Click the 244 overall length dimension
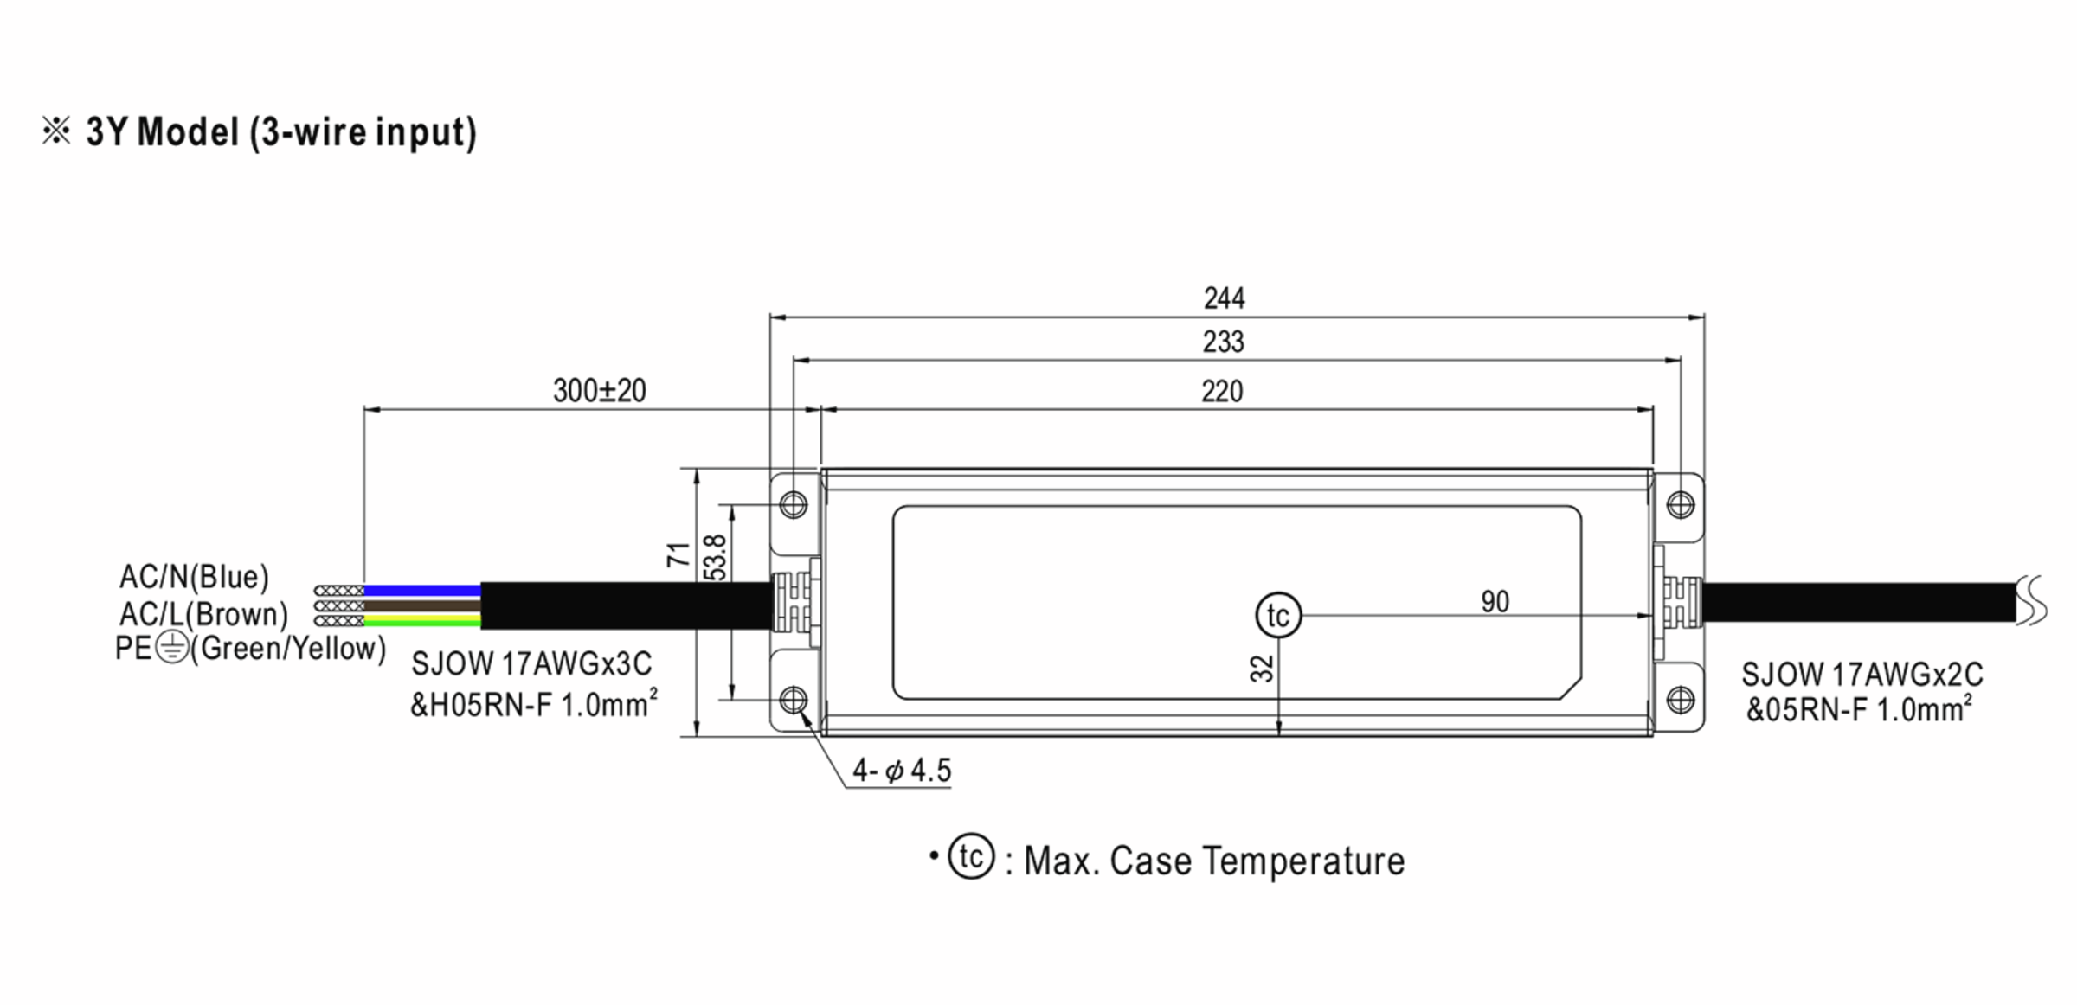click(1224, 298)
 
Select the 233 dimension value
click(1223, 342)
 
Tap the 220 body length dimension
click(1222, 392)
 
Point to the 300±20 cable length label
click(599, 391)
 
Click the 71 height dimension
click(679, 554)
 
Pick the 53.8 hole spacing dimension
click(715, 557)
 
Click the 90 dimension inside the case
click(1495, 602)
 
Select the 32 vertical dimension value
click(1263, 668)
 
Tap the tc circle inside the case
click(1278, 616)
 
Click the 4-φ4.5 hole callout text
click(901, 770)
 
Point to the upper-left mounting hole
click(794, 504)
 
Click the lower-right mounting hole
click(1680, 699)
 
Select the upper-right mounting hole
click(1680, 504)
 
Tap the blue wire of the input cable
click(421, 591)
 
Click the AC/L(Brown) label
click(203, 614)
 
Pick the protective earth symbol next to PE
click(173, 648)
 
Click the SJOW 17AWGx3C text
click(531, 664)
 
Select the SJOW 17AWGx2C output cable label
click(1862, 675)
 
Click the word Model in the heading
click(188, 132)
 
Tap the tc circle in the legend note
click(971, 857)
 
